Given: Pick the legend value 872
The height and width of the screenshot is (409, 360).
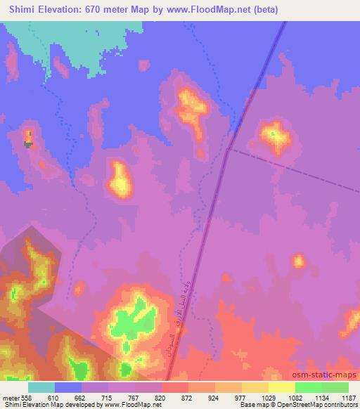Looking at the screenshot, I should [188, 398].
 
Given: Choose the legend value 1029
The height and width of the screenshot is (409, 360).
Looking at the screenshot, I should [268, 398].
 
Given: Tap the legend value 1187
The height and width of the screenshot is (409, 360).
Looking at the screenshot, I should [348, 398].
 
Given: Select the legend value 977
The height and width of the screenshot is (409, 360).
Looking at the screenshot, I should [241, 398].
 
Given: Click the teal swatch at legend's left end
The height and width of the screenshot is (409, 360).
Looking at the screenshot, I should [41, 387].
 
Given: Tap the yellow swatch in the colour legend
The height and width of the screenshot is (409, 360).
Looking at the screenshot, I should [281, 387].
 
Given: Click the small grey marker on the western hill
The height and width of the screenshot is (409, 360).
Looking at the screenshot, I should [28, 144].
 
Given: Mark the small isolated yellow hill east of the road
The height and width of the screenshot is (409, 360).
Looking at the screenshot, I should [298, 262].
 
